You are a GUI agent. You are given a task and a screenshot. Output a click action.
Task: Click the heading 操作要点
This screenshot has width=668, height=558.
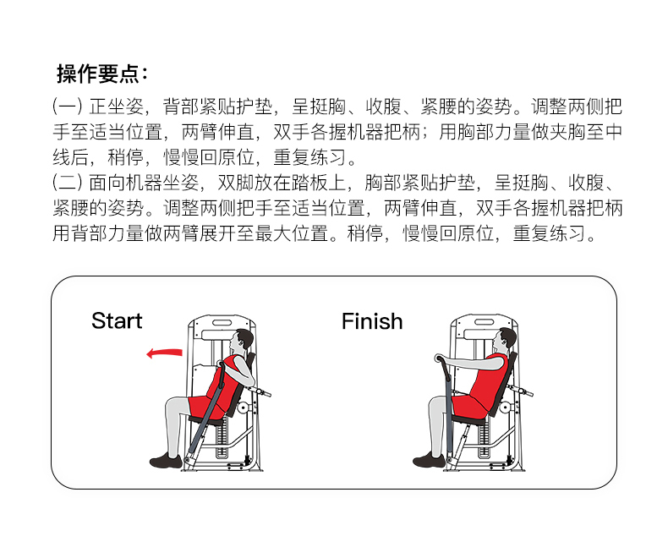pos(101,74)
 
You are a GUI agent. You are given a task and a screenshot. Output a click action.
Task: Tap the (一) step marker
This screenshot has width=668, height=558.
pos(68,108)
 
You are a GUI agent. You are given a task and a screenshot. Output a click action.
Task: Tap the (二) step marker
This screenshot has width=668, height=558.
pos(68,183)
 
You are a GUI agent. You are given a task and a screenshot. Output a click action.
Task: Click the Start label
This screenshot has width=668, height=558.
pos(117,321)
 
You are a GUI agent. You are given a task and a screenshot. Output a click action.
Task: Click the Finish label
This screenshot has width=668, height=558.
pos(372,321)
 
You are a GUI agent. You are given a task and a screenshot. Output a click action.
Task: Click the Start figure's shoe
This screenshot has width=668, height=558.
pos(165,461)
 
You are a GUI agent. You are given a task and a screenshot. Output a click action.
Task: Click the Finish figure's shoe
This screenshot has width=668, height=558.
pos(429,461)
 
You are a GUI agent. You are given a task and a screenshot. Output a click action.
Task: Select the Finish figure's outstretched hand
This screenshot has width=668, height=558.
pos(437,361)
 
